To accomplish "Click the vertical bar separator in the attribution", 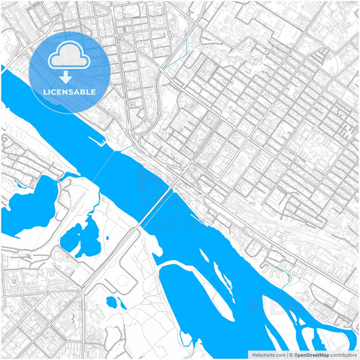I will (288, 354).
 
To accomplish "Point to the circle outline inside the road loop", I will (125, 281).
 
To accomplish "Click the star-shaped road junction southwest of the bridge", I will (82, 290).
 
